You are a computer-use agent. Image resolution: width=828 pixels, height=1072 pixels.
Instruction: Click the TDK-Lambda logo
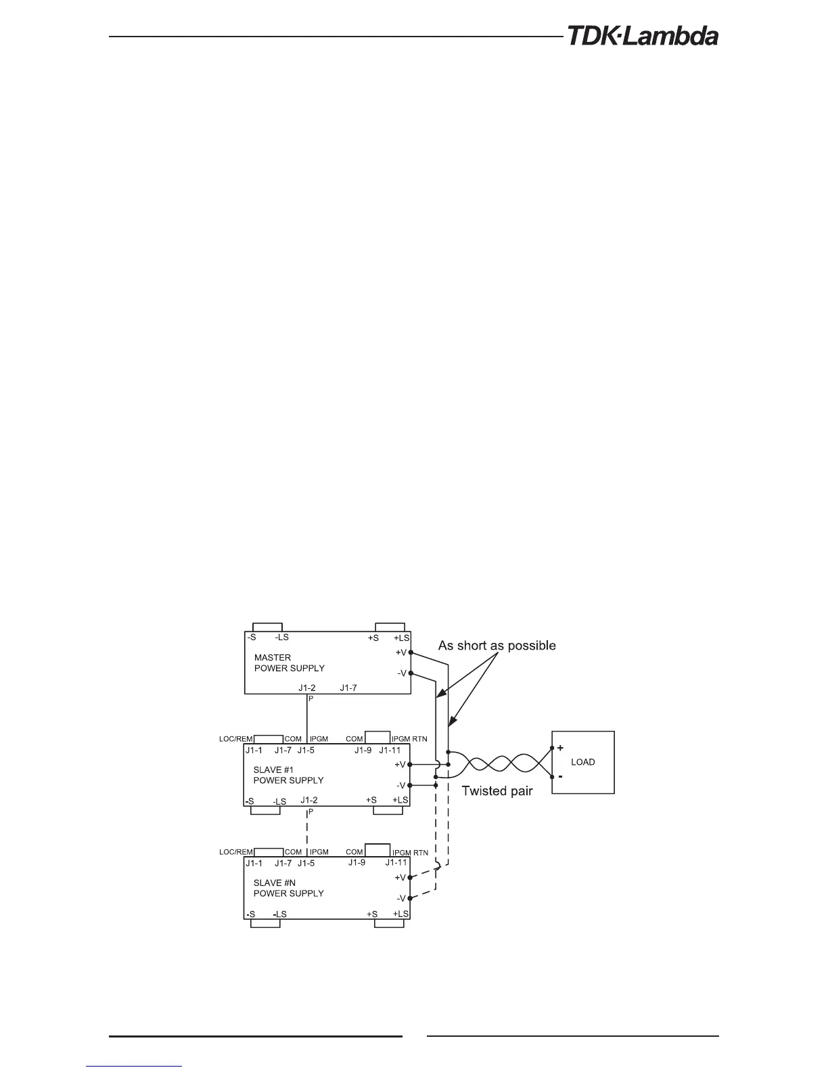click(642, 36)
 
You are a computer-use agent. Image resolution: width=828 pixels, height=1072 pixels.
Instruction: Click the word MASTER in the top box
click(273, 657)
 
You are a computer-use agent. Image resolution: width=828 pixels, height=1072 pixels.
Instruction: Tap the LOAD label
click(582, 762)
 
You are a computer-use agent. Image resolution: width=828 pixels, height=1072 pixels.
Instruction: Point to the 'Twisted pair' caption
click(497, 790)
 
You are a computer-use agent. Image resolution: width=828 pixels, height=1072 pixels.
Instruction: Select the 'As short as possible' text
click(497, 646)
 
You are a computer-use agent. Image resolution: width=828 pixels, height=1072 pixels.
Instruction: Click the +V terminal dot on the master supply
click(411, 652)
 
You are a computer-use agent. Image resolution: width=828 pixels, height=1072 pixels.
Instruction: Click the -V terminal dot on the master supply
click(411, 673)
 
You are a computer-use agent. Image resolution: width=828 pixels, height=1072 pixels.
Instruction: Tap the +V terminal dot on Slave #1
click(411, 764)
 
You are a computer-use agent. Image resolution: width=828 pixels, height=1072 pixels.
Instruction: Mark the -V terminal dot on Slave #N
click(411, 898)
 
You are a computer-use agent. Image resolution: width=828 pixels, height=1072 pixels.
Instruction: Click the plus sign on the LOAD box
click(560, 748)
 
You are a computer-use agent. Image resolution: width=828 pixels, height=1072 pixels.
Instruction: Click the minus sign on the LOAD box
click(560, 776)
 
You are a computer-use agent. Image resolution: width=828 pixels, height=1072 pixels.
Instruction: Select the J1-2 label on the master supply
click(307, 688)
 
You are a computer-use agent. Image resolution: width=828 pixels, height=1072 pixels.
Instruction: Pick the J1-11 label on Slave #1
click(390, 750)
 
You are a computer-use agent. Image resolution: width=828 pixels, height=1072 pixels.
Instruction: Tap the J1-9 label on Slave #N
click(356, 862)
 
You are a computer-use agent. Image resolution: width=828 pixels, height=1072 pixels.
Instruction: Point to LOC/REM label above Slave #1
click(236, 739)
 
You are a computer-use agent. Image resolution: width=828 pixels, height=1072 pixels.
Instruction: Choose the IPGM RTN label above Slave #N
click(410, 853)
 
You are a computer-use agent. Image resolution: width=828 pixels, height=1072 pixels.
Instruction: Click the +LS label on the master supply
click(402, 638)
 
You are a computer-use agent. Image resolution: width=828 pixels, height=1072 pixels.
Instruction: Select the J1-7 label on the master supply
click(348, 688)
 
